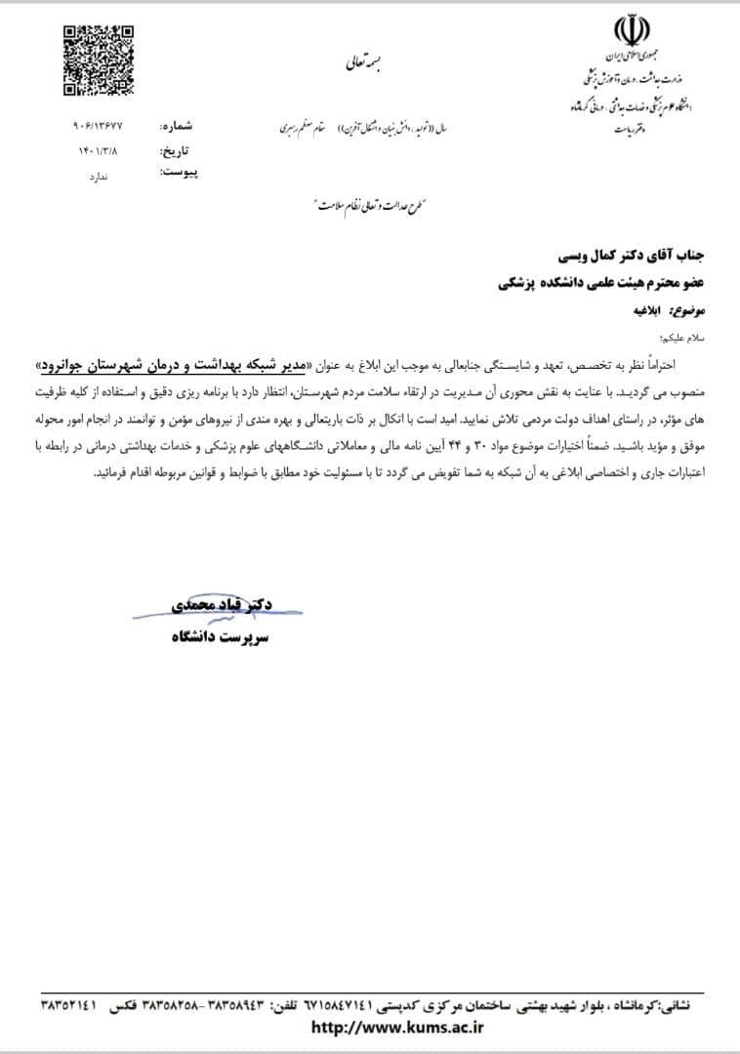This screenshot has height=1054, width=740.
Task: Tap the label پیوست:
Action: pos(179,173)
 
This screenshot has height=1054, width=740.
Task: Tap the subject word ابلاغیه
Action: pos(645,312)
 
